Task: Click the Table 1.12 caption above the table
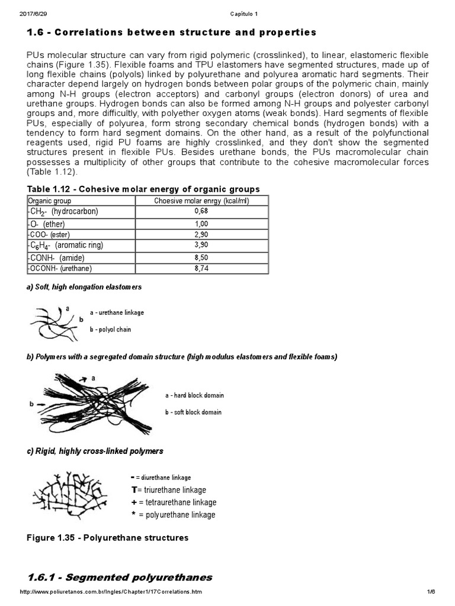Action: (x=143, y=189)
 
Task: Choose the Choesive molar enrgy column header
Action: (x=201, y=201)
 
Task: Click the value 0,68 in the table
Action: (x=201, y=211)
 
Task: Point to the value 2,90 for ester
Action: (x=201, y=235)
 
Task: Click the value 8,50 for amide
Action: (x=201, y=257)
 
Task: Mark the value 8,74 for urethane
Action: (x=201, y=268)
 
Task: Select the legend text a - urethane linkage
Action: (x=117, y=312)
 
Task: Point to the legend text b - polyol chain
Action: (x=111, y=329)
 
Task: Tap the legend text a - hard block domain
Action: (x=194, y=395)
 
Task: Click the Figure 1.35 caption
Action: (x=108, y=538)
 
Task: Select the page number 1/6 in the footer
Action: (x=431, y=592)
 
